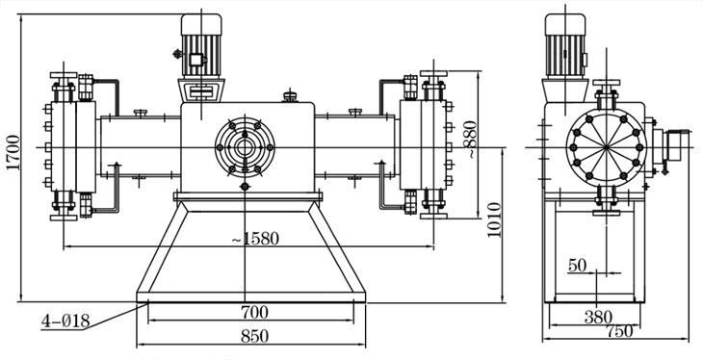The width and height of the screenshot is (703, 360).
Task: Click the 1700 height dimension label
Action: coord(14,152)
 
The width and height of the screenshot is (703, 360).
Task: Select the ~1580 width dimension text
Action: coord(255,239)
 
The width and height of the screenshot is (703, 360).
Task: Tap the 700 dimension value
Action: coord(254,312)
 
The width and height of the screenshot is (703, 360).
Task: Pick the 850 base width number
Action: coord(254,336)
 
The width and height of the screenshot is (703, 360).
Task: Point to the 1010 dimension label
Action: coord(494,220)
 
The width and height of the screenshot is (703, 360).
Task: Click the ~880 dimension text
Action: coord(471,139)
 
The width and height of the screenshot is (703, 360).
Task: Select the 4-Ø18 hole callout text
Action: coord(65,321)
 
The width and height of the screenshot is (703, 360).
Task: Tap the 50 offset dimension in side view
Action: coord(577,266)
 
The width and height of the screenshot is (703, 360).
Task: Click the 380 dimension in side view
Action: coord(598,318)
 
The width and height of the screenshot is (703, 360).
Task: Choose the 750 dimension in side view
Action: coord(620,331)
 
